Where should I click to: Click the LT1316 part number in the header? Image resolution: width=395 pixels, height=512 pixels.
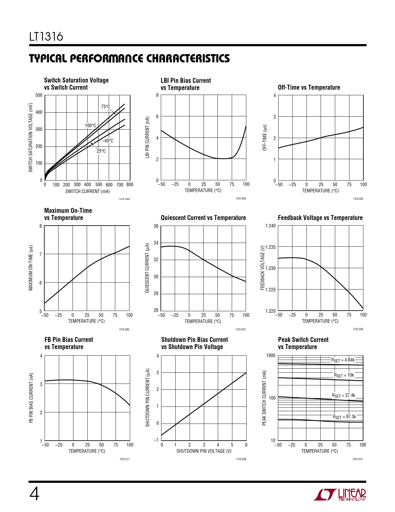click(x=46, y=37)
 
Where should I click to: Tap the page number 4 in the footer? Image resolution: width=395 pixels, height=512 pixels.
click(x=34, y=494)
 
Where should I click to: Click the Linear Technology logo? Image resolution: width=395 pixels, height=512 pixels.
click(x=340, y=494)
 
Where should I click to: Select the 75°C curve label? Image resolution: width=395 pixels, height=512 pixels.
click(x=105, y=107)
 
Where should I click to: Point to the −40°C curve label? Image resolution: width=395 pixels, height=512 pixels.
click(x=107, y=141)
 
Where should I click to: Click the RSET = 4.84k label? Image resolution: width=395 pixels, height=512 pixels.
click(x=343, y=360)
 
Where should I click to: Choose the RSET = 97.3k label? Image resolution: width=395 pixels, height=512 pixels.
click(x=345, y=417)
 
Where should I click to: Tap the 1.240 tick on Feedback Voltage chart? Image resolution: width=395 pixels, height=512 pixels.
click(x=270, y=226)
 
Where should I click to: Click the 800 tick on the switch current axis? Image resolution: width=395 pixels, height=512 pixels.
click(x=129, y=185)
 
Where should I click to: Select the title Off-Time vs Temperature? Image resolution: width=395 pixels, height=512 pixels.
click(x=309, y=88)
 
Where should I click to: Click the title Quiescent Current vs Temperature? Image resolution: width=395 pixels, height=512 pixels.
click(x=203, y=218)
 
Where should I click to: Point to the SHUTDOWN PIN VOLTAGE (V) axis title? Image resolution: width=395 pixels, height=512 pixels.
click(x=204, y=451)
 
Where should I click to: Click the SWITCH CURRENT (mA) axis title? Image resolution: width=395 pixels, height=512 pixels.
click(x=87, y=191)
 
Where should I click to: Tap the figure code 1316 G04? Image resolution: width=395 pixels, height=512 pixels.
click(x=241, y=199)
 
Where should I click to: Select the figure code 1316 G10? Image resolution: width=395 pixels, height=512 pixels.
click(x=357, y=459)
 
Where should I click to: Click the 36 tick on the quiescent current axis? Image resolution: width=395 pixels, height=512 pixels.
click(x=156, y=226)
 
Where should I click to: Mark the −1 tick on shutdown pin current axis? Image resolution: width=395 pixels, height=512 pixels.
click(x=156, y=440)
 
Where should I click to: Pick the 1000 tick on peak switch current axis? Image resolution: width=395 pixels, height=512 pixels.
click(x=270, y=356)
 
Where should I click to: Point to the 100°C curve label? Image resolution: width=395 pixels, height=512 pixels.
click(x=90, y=126)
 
